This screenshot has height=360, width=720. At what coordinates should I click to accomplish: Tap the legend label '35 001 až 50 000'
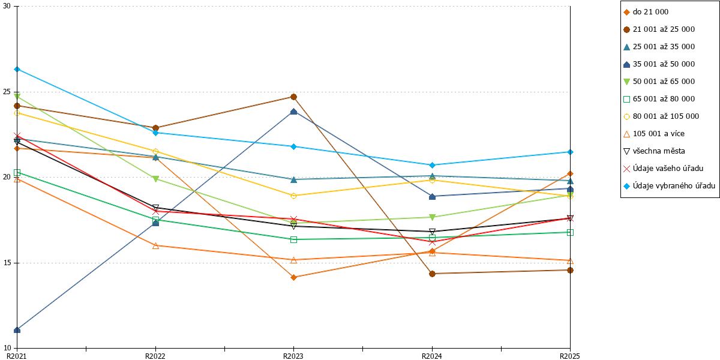[x=664, y=64]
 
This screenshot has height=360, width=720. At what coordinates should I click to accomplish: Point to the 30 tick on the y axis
[x=7, y=6]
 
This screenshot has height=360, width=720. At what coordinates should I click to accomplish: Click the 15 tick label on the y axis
[x=7, y=263]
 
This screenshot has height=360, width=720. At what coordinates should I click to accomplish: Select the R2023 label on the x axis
[x=293, y=356]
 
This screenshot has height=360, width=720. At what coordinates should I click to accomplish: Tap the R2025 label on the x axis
[x=570, y=356]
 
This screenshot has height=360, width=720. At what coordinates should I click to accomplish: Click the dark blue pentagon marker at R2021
[x=17, y=330]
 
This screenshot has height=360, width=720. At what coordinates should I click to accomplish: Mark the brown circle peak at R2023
[x=293, y=97]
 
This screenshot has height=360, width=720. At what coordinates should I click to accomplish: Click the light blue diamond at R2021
[x=17, y=69]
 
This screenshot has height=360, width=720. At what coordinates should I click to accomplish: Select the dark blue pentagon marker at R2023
[x=293, y=112]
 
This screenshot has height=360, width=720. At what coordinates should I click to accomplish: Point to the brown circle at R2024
[x=433, y=274]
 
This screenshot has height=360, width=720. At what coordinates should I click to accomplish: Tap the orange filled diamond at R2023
[x=293, y=277]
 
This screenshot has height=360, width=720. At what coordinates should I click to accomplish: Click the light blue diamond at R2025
[x=570, y=152]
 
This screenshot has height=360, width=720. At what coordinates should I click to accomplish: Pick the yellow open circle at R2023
[x=293, y=196]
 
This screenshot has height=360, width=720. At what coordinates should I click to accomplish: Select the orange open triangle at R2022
[x=155, y=246]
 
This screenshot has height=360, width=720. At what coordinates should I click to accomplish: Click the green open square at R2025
[x=570, y=232]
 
